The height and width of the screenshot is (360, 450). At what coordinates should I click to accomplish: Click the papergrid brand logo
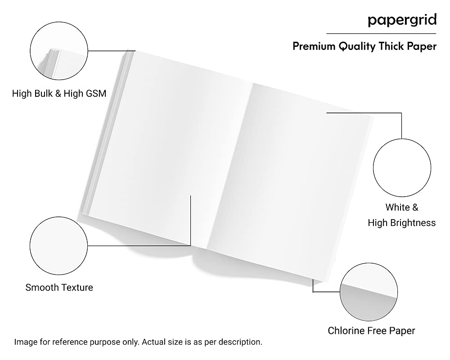(x=402, y=21)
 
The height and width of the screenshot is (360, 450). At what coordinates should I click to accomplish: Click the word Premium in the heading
(x=314, y=46)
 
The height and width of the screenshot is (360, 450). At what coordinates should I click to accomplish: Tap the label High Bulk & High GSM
(x=59, y=93)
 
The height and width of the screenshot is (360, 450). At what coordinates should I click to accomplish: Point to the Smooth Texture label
(x=59, y=288)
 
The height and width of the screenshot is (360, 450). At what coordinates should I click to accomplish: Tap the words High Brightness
(x=402, y=223)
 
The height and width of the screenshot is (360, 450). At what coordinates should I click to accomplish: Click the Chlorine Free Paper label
(x=371, y=331)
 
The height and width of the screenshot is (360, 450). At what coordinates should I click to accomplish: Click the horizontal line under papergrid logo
(x=381, y=34)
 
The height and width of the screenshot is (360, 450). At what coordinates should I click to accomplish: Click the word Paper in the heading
(x=422, y=46)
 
